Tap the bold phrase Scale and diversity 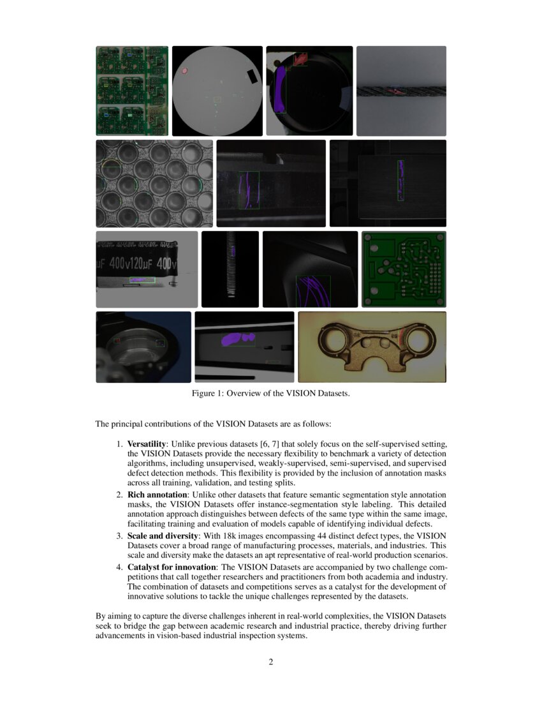click(x=163, y=535)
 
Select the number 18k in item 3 click(x=254, y=535)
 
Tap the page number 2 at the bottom click(x=271, y=662)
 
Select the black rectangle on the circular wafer click(x=253, y=77)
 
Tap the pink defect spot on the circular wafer click(x=184, y=71)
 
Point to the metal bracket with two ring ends click(x=372, y=347)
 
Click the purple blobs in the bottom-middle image click(x=237, y=339)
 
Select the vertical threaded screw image click(x=230, y=269)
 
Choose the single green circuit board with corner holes click(x=404, y=269)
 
